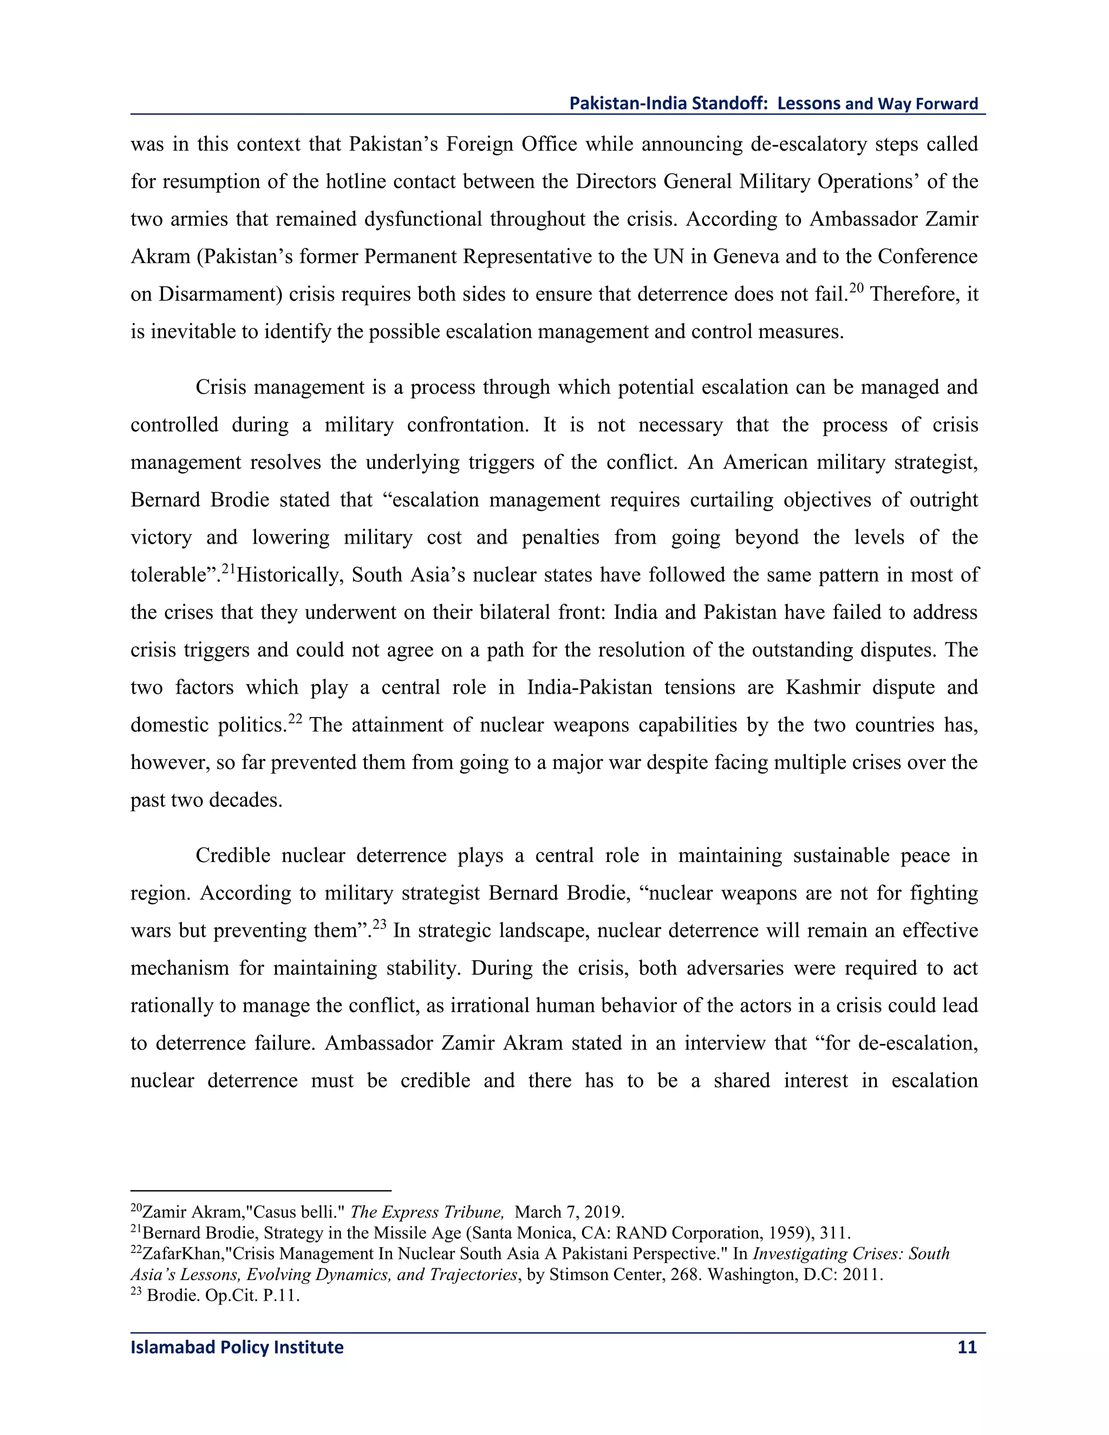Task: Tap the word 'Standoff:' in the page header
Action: tap(729, 103)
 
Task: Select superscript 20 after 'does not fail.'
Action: tap(856, 287)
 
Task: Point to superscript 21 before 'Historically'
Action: tap(228, 569)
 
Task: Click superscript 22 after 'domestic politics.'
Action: tap(295, 718)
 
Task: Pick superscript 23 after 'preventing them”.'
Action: tap(379, 924)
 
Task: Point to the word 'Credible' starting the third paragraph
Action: tap(232, 856)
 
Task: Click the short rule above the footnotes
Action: tap(261, 1190)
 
